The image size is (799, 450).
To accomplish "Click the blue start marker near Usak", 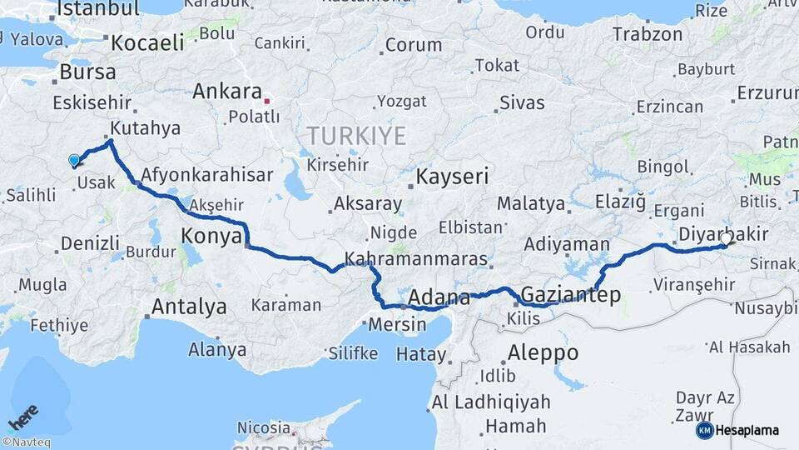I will tap(74, 160).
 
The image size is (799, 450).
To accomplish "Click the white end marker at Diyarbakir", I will tap(726, 239).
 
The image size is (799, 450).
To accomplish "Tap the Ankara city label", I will tap(227, 91).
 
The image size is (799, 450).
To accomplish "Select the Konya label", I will tap(211, 237).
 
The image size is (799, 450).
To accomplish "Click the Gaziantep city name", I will tap(570, 294).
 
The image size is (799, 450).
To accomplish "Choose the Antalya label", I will tap(189, 306).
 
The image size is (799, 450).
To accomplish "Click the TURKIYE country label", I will tap(356, 135).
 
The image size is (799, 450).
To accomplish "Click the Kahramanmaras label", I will tap(415, 258).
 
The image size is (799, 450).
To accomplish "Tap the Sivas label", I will tap(522, 103).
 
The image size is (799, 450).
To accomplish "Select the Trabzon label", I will tap(647, 35).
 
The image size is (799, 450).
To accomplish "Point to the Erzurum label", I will tap(767, 90).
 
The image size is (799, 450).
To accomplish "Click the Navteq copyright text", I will tap(26, 442).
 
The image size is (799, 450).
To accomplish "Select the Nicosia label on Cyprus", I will tap(263, 427).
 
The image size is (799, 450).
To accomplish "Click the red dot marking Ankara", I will tap(266, 101).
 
